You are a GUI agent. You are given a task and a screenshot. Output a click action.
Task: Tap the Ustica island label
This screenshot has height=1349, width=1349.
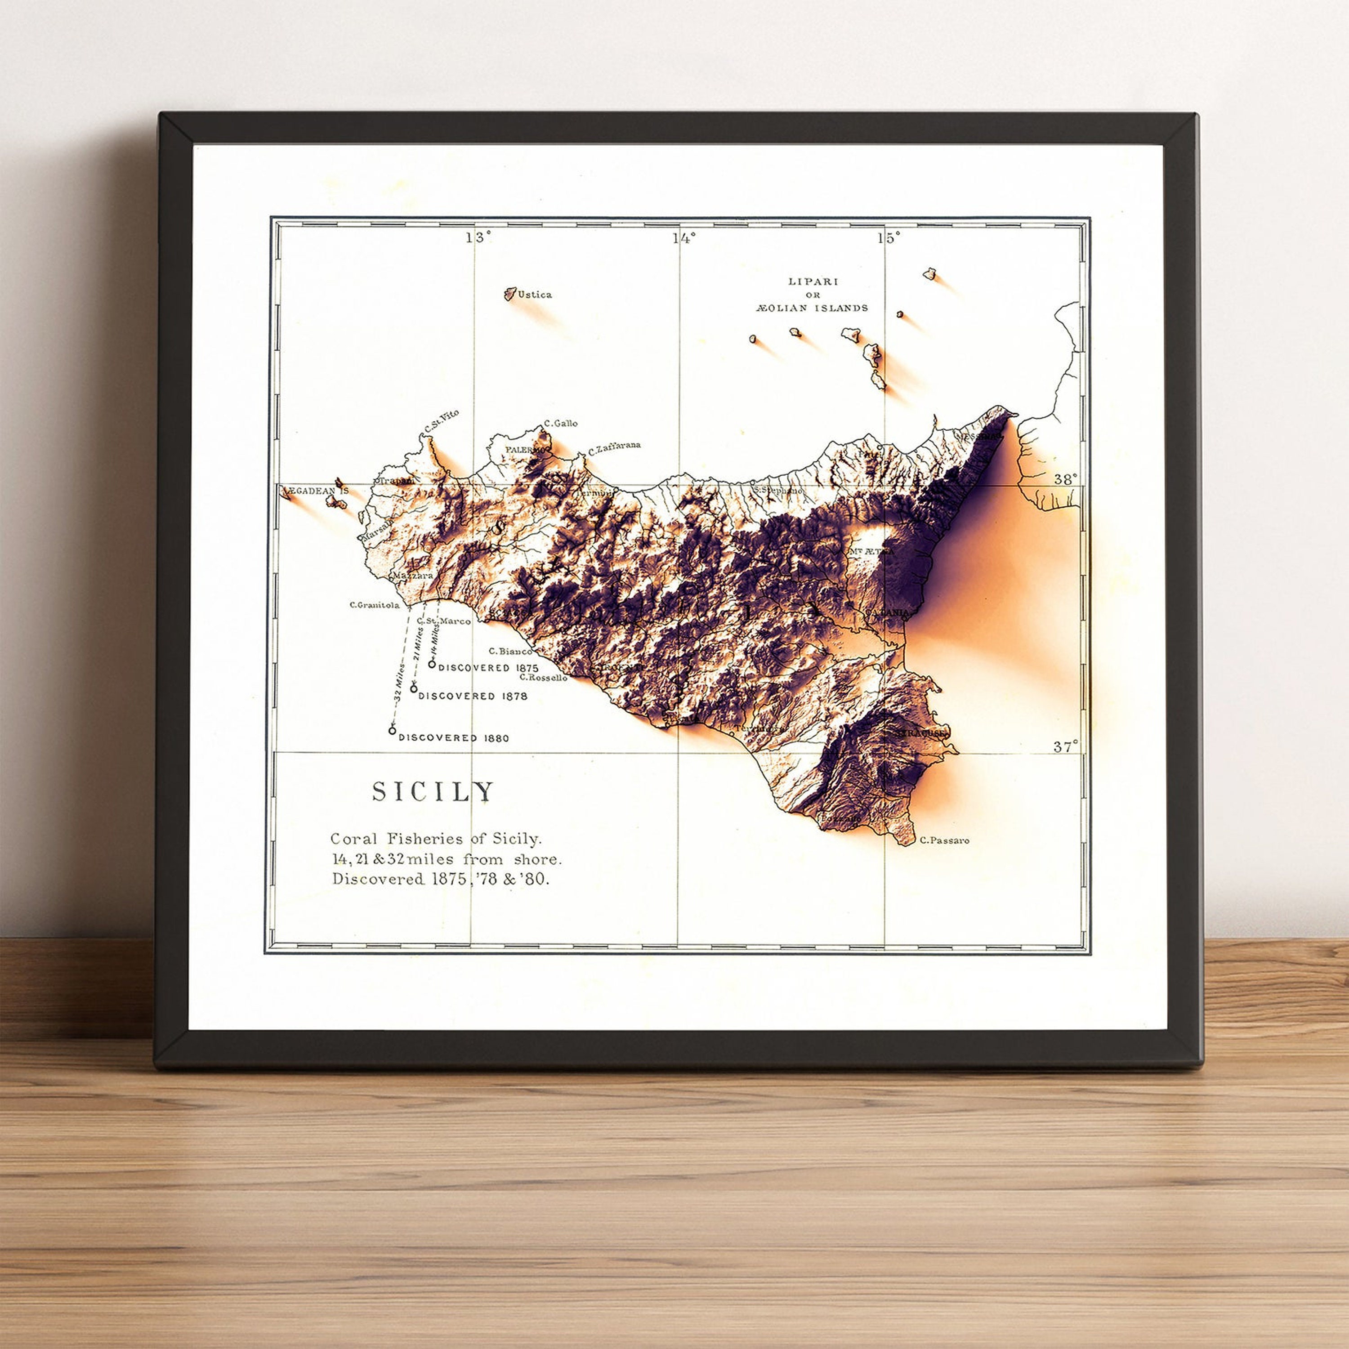534,295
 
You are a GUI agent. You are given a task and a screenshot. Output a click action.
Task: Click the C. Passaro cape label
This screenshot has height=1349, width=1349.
945,841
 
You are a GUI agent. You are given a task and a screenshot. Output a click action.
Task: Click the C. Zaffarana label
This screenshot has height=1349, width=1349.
614,447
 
